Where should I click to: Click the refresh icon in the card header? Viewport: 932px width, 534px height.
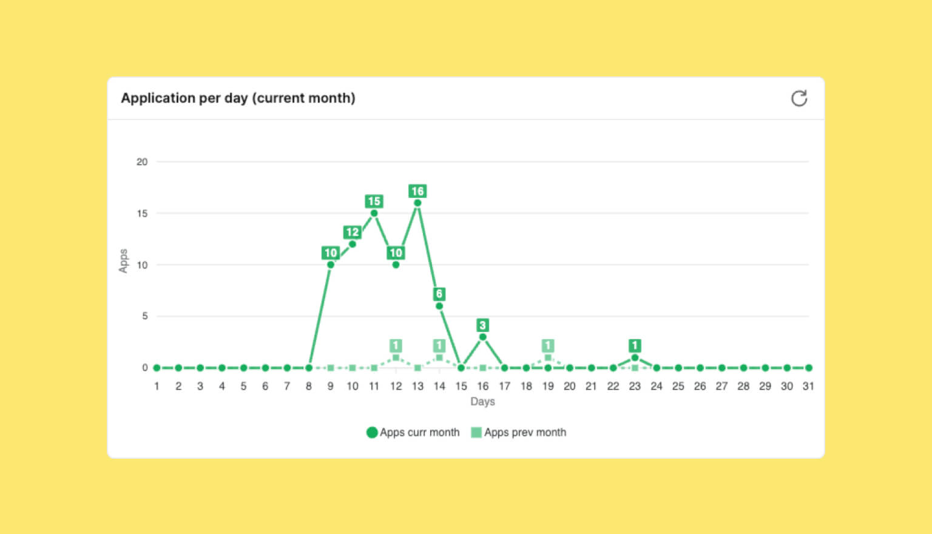[799, 98]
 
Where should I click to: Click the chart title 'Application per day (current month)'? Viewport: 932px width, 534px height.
[238, 98]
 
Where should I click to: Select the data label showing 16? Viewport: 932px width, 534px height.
[417, 191]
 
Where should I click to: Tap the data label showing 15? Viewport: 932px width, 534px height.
[374, 201]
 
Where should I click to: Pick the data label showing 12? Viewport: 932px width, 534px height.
[352, 232]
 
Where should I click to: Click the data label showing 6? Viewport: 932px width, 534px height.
[439, 294]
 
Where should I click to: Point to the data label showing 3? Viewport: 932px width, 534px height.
[482, 325]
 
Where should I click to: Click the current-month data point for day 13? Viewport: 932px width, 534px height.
[417, 203]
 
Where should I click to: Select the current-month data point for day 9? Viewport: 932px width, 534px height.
[331, 265]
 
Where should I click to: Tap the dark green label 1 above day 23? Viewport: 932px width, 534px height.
[635, 346]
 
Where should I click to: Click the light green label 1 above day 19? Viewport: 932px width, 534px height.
[548, 346]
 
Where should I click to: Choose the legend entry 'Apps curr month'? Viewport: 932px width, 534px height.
[413, 433]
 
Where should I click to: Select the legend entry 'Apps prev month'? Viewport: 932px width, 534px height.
[519, 433]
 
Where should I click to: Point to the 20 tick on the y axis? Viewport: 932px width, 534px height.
[142, 162]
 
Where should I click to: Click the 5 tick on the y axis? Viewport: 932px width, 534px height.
[144, 316]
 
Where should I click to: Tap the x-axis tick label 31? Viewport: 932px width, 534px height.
[808, 386]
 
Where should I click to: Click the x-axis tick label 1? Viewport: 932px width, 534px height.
[157, 386]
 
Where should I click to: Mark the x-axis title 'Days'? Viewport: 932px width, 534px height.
[482, 402]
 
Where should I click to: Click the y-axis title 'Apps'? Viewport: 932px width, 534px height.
[123, 261]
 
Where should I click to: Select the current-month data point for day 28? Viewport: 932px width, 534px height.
[743, 368]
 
